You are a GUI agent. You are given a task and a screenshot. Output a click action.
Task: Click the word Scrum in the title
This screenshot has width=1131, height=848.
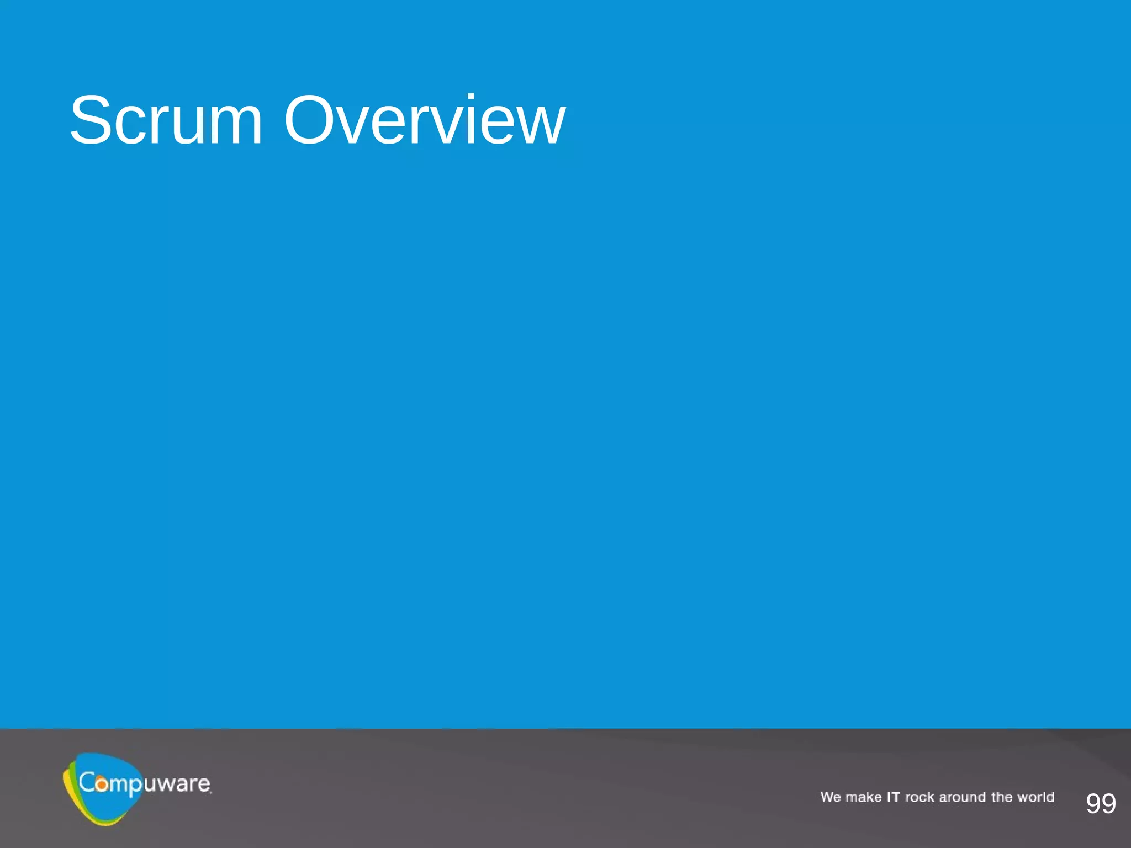(x=166, y=120)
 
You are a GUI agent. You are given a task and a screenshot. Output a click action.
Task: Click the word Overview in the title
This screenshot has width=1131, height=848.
(x=424, y=120)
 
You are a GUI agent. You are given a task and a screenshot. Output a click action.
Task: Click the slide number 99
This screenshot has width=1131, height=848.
(x=1101, y=803)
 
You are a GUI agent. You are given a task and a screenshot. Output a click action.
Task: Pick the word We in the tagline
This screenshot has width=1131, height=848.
(x=830, y=797)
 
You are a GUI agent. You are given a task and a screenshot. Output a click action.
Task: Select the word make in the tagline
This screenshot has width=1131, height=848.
(x=863, y=797)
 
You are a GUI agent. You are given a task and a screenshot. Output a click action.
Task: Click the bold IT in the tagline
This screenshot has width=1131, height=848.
(x=893, y=797)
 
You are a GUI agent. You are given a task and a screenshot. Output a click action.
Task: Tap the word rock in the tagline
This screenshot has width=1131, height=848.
(x=919, y=797)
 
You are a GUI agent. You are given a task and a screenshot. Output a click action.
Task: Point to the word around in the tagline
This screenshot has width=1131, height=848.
(x=962, y=797)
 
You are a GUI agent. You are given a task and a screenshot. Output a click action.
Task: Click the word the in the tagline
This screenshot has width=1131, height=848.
(x=1002, y=797)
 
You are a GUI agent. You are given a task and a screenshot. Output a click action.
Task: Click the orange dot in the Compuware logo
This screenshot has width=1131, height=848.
(x=102, y=784)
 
